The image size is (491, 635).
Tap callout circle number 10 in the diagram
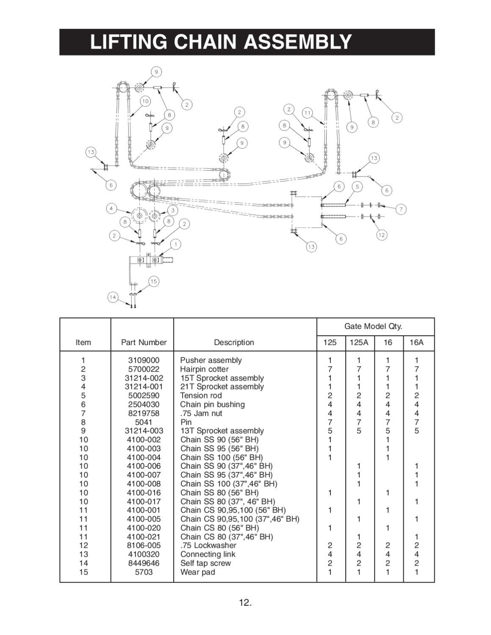[145, 101]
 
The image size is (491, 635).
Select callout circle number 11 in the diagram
[308, 113]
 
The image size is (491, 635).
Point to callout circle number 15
[153, 281]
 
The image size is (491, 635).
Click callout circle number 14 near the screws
[113, 297]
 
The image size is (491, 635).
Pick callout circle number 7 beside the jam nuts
[401, 209]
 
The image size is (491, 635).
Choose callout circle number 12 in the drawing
[382, 235]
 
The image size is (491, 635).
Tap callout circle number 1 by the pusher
[175, 244]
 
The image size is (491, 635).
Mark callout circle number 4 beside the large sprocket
[111, 208]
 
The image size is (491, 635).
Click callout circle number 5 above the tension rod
[358, 186]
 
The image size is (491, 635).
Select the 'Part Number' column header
[144, 342]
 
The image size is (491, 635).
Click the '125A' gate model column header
[359, 342]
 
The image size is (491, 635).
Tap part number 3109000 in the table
[144, 360]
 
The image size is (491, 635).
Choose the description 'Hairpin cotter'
[204, 369]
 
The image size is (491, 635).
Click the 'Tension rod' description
[201, 395]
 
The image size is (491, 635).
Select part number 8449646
[144, 563]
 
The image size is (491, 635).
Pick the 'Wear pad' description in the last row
[197, 572]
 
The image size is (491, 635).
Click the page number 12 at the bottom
[245, 602]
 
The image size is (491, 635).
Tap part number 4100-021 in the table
[144, 537]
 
